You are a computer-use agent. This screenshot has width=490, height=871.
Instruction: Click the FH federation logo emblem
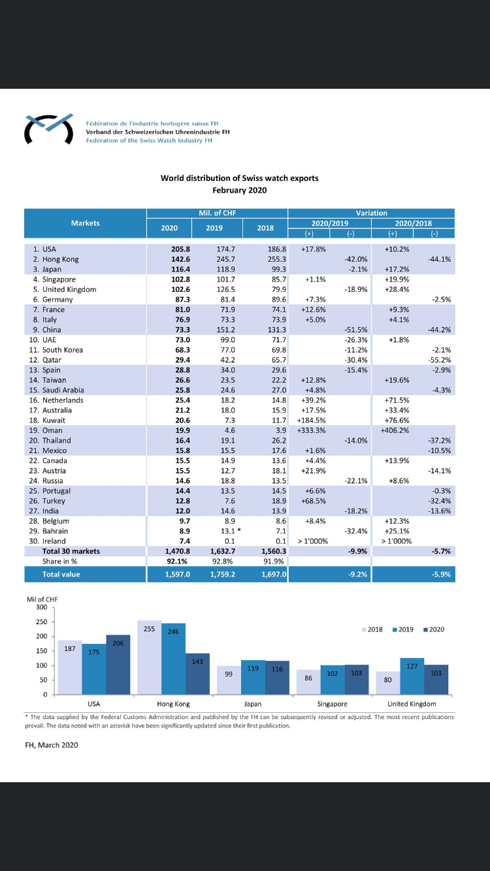(49, 129)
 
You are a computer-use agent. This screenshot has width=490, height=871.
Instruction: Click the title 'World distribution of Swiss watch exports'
(239, 178)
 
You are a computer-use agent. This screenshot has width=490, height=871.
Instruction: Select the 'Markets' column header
(85, 223)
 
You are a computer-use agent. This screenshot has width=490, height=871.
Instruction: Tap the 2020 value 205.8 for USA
(180, 249)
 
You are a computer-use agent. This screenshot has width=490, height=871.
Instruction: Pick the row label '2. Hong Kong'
(56, 259)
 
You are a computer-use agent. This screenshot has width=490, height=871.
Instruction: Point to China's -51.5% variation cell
(355, 330)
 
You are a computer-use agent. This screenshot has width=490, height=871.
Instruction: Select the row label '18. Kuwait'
(47, 420)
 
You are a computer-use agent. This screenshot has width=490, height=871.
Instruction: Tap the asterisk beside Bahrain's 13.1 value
(238, 530)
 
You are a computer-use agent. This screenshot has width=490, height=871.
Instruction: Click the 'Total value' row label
(61, 575)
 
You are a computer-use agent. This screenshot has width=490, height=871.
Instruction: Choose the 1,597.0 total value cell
(178, 575)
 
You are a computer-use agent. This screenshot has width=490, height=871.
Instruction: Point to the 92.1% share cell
(177, 562)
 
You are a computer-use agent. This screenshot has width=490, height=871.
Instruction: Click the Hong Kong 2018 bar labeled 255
(150, 657)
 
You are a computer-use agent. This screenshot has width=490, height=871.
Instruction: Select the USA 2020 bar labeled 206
(118, 665)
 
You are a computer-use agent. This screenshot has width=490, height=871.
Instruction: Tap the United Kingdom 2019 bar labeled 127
(412, 676)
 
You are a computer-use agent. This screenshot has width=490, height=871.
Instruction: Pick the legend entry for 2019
(403, 629)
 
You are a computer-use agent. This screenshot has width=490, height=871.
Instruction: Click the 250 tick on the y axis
(42, 622)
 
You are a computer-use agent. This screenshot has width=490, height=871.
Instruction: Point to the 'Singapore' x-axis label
(332, 704)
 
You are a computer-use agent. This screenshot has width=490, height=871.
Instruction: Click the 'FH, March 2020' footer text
(52, 745)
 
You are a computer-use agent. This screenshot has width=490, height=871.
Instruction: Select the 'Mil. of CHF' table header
(217, 213)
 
